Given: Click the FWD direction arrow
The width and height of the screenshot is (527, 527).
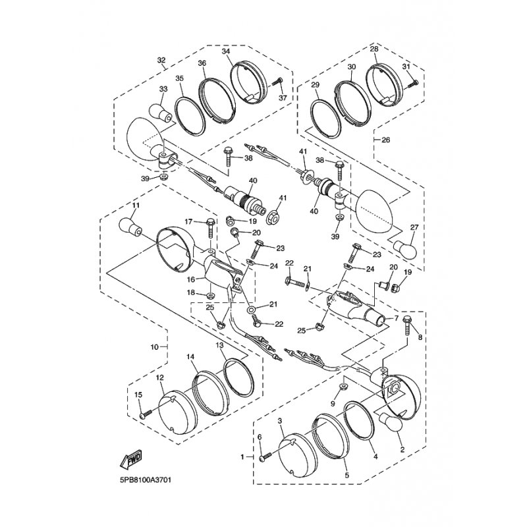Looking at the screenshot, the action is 131,458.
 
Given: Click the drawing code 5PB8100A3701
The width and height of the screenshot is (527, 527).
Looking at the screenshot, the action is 146,480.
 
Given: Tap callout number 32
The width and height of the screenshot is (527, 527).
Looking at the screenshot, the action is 161,60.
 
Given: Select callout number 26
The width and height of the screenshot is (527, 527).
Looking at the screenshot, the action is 386,140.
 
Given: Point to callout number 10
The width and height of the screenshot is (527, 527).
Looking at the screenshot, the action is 154,347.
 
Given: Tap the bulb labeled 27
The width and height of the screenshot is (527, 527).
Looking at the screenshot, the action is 405,248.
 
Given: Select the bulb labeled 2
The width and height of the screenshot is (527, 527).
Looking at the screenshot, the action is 391,422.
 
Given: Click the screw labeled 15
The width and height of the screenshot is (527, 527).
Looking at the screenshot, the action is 146,414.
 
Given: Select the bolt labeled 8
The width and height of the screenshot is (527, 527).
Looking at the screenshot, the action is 407,325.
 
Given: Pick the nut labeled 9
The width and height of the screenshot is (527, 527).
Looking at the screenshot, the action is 343,387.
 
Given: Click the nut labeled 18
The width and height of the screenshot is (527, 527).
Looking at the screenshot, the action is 211,295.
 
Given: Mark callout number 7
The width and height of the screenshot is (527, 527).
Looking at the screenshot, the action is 397,318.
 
